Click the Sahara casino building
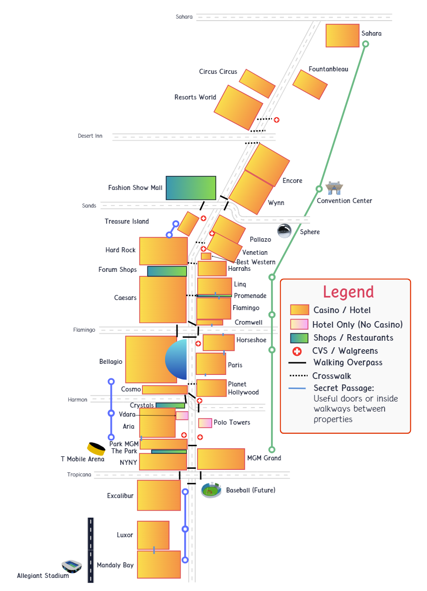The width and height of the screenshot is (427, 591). pos(342,35)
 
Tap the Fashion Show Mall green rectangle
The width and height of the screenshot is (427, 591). pos(191,188)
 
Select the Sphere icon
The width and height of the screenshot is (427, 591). pos(284,231)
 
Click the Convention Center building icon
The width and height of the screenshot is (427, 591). pos(334,188)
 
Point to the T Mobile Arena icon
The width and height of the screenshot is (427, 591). pos(95,448)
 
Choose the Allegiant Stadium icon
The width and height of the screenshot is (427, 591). pos(72,566)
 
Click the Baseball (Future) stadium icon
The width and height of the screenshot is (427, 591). pos(211,490)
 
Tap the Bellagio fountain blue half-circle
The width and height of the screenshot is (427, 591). pos(177,359)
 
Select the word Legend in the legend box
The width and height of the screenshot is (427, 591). pos(348,292)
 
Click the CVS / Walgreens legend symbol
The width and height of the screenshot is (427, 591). pos(297,351)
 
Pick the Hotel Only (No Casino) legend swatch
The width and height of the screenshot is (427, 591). pos(299,324)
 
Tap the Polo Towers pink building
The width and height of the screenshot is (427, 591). pos(205,423)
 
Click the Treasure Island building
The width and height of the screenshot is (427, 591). pos(188,224)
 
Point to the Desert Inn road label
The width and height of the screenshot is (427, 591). pos(90,136)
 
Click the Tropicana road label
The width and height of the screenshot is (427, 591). pos(79,475)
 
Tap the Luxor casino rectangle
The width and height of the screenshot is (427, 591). pos(153,535)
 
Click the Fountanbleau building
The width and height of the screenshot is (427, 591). pos(310,84)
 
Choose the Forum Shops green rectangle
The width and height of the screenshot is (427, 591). pos(167,271)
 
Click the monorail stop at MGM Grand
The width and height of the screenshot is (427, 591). pos(271,450)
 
